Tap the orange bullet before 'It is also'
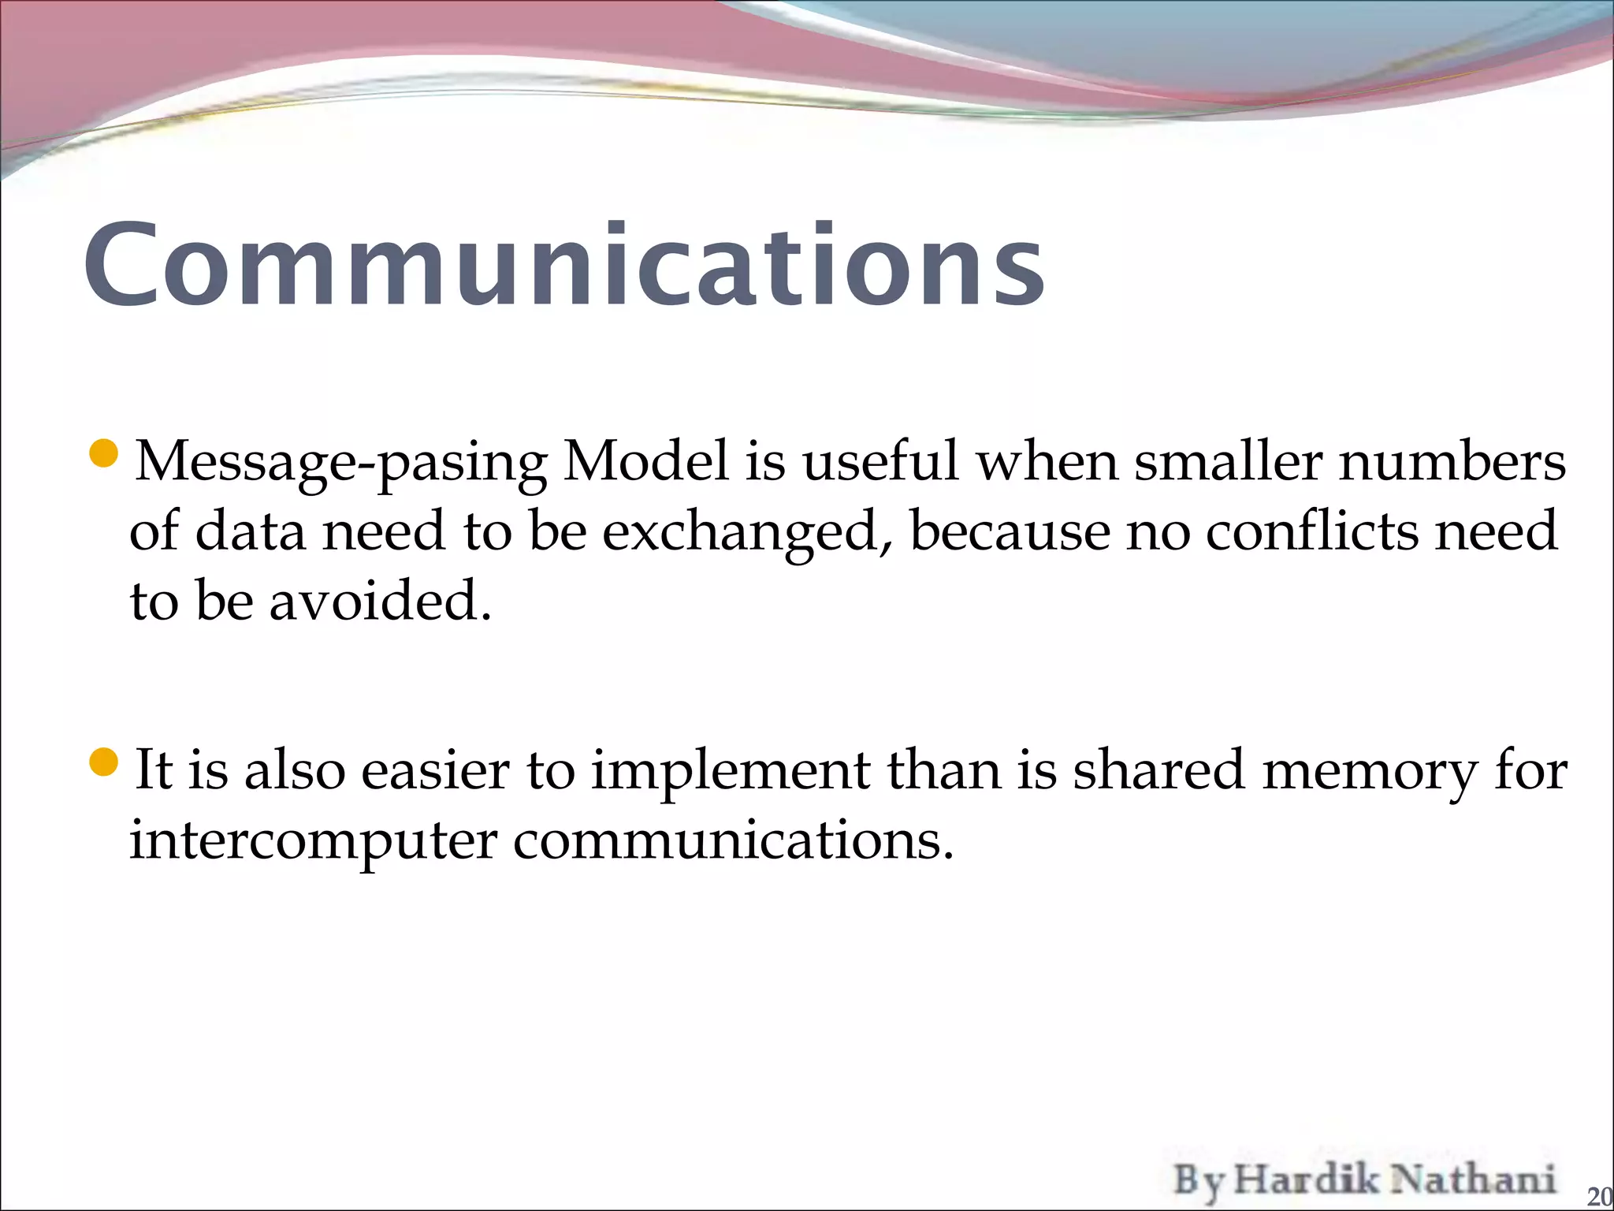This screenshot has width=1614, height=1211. point(104,762)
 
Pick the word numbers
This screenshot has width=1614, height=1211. point(1452,460)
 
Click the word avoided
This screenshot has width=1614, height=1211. point(381,601)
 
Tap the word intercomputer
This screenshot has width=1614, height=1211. point(313,840)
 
